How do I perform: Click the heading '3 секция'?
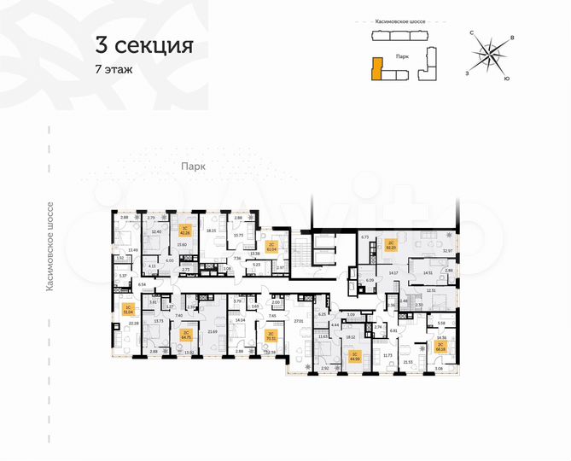pyautogui.click(x=144, y=44)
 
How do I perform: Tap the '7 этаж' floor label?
pyautogui.click(x=114, y=69)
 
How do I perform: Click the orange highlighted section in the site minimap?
pyautogui.click(x=376, y=68)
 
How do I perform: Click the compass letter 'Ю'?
pyautogui.click(x=507, y=79)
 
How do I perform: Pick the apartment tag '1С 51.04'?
pyautogui.click(x=127, y=310)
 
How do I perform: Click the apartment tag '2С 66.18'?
pyautogui.click(x=440, y=347)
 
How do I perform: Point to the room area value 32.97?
pyautogui.click(x=448, y=250)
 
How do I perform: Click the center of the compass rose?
pyautogui.click(x=489, y=55)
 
